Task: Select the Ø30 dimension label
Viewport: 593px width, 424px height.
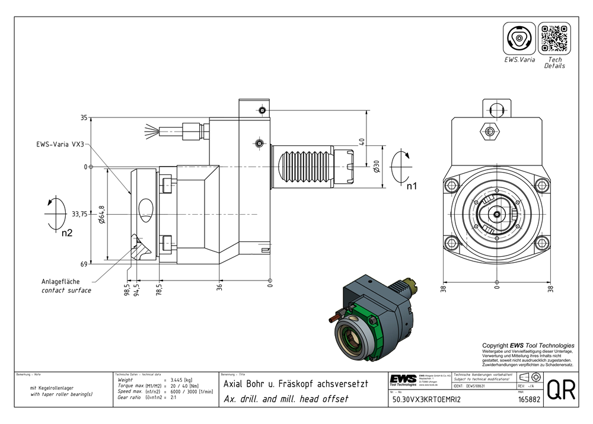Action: pyautogui.click(x=376, y=167)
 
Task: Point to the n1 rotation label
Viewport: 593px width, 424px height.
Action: pyautogui.click(x=412, y=186)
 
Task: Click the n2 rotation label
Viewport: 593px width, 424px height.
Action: pyautogui.click(x=67, y=233)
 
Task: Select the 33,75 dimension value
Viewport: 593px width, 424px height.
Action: pyautogui.click(x=79, y=214)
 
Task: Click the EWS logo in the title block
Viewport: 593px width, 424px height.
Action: pyautogui.click(x=403, y=380)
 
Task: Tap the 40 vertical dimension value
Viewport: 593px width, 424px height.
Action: pyautogui.click(x=361, y=142)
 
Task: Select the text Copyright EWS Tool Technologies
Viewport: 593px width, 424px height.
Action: pyautogui.click(x=528, y=345)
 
